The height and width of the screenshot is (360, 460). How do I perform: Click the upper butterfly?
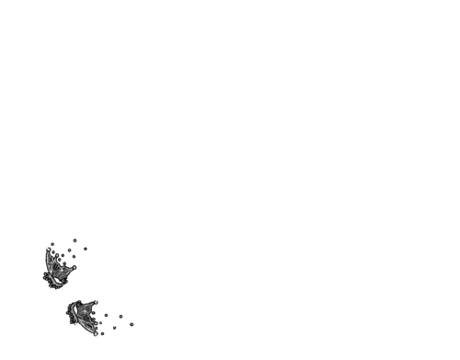coord(57,271)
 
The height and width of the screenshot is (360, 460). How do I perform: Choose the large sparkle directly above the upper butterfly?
coord(65,244)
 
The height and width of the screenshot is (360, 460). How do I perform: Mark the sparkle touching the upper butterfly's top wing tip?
coord(47,248)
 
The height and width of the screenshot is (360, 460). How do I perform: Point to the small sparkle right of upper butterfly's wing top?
coord(80,257)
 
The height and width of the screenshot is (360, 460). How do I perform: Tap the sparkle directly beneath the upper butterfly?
coord(48,287)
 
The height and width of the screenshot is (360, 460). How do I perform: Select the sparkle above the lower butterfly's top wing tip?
coord(97,299)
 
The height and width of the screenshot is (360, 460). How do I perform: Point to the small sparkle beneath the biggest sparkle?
coord(114,324)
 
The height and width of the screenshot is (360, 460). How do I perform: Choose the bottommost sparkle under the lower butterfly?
coord(95,334)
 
